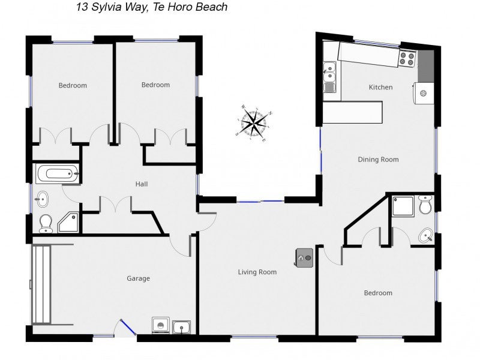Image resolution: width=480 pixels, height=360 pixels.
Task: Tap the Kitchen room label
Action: [x=380, y=87]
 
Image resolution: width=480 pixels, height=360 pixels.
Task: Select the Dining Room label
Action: [x=378, y=160]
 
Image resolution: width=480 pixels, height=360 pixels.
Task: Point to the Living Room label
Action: [x=257, y=272]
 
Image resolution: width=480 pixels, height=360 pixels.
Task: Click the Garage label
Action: [x=139, y=278]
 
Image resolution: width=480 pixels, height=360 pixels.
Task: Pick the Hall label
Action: [x=142, y=184]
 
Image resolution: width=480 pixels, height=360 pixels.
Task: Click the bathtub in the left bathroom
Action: [x=58, y=174]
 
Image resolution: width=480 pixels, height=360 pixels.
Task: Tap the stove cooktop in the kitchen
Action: [x=407, y=59]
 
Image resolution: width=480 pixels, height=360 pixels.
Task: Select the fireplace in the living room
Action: [x=304, y=258]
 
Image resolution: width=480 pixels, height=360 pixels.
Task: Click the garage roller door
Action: [x=41, y=284]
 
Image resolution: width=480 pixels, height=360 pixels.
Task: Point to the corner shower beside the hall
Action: [x=70, y=223]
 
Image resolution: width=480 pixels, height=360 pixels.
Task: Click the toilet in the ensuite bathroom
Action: [x=425, y=205]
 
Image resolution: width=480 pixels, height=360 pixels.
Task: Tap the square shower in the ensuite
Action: [x=403, y=206]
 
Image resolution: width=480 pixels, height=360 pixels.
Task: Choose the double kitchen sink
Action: [x=329, y=77]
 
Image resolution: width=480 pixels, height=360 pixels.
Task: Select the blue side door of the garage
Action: [x=128, y=327]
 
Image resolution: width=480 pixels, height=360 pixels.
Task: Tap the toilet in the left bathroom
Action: [x=46, y=223]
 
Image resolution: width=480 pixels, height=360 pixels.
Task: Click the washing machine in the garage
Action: [x=160, y=325]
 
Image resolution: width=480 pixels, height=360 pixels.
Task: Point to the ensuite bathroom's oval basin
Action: [x=426, y=236]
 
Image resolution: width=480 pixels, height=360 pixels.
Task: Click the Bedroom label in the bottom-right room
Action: [x=378, y=293]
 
